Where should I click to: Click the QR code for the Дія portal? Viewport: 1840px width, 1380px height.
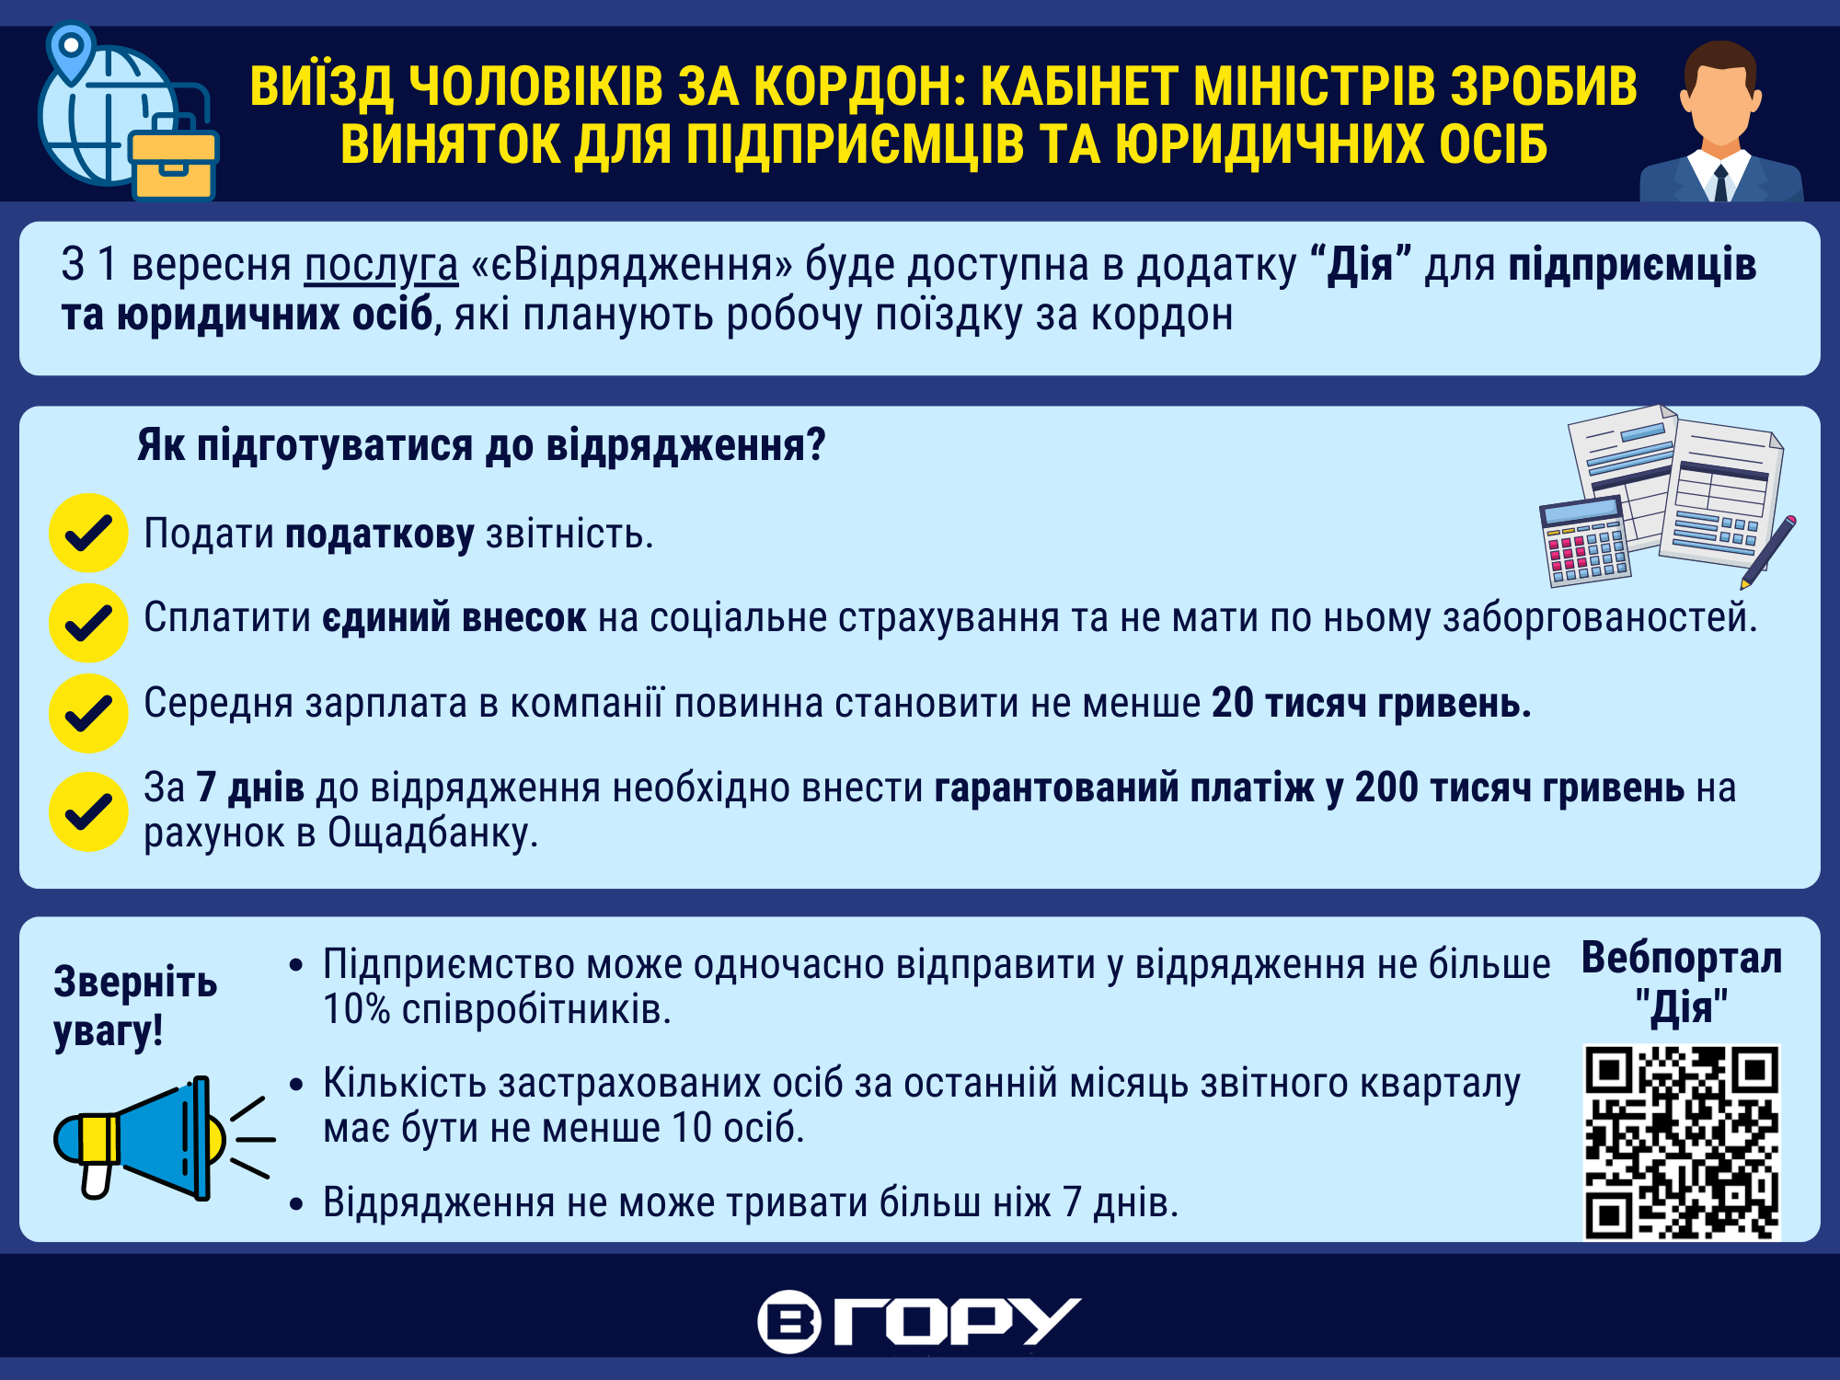coord(1682,1142)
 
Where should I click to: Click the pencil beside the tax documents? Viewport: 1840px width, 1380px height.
coord(1767,552)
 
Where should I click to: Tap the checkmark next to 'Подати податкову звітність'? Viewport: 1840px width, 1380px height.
coord(88,533)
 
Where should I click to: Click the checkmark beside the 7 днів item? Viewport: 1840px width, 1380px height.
coord(88,811)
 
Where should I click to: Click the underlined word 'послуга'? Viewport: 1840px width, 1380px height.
coord(381,265)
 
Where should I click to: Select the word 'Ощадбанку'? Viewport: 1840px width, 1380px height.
coord(432,833)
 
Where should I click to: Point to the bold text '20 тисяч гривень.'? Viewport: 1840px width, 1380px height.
coord(1372,703)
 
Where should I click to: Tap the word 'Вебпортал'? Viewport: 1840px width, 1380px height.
coord(1682,958)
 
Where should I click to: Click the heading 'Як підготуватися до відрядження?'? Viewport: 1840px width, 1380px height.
coord(481,445)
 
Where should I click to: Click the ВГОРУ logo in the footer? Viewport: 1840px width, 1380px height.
coord(919,1322)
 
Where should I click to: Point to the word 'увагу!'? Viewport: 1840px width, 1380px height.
coord(109,1030)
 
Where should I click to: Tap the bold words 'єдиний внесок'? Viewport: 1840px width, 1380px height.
coord(454,617)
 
